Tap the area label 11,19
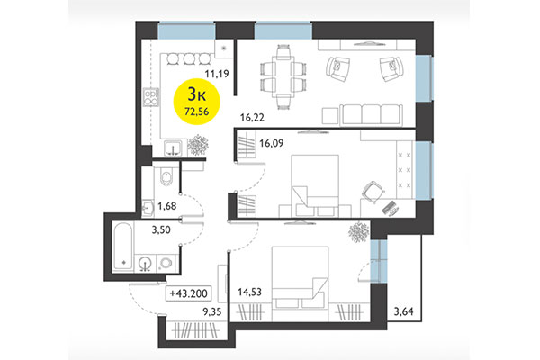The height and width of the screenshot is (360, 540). click(x=216, y=76)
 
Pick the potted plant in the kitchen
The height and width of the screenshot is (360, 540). click(x=196, y=145)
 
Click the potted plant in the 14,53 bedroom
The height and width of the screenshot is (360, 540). click(x=357, y=231)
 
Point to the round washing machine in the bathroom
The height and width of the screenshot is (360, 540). click(x=145, y=264)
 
